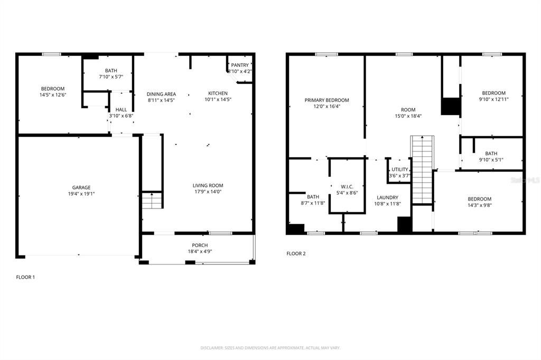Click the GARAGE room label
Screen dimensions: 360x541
pos(81,187)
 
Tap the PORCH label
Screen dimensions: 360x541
pos(200,245)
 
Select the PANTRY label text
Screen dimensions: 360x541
pos(240,65)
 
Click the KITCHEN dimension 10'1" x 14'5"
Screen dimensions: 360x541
pos(218,99)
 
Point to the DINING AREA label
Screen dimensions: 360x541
pos(161,94)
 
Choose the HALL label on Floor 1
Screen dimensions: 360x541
pos(121,110)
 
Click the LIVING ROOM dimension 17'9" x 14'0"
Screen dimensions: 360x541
pos(208,192)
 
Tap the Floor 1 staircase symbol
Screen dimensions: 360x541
pos(152,201)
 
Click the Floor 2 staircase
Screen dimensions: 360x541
pos(422,169)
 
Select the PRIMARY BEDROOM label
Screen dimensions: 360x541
pos(327,100)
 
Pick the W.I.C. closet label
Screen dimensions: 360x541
pos(347,186)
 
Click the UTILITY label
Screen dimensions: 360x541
pos(399,169)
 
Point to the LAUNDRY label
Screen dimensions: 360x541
pos(387,197)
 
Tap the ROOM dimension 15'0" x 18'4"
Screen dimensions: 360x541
pos(408,116)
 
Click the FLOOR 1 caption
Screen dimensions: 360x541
pos(25,277)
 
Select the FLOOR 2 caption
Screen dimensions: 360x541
pos(296,253)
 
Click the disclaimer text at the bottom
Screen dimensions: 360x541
pos(270,348)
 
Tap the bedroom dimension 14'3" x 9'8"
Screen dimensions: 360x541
pos(479,205)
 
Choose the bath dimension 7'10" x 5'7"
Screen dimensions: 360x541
pos(111,77)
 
